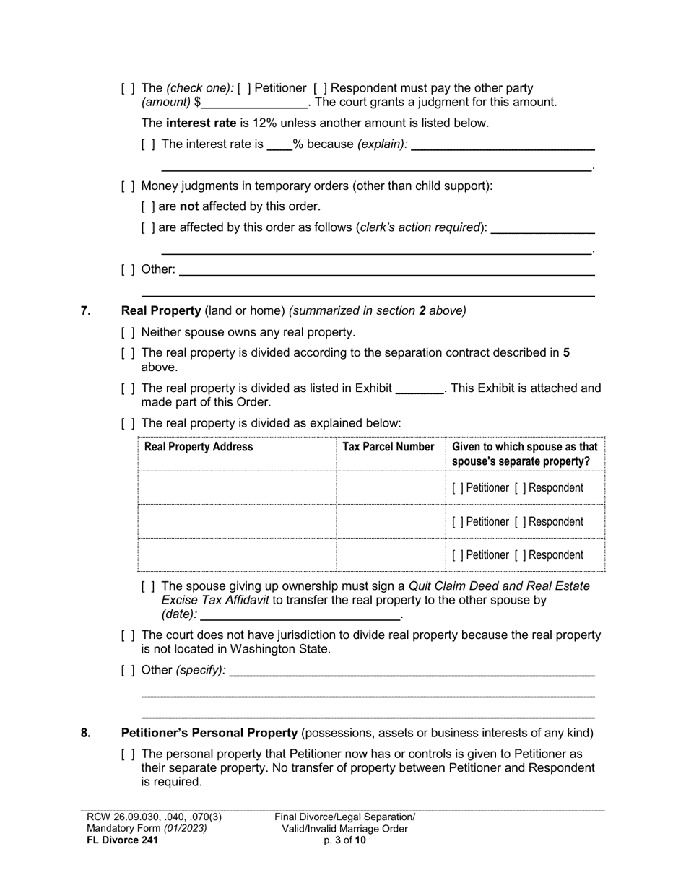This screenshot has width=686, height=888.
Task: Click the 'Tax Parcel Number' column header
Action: click(388, 447)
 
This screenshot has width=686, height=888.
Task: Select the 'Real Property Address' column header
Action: click(199, 447)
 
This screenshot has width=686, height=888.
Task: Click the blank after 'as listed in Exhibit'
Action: click(420, 388)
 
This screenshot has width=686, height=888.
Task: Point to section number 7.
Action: click(86, 311)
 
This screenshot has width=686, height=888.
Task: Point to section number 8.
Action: click(86, 734)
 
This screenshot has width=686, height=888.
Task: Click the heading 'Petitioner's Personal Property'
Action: click(209, 734)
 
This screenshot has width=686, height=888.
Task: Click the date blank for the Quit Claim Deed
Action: click(300, 614)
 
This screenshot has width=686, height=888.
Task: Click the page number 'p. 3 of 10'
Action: click(344, 840)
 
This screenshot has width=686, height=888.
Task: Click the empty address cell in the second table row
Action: click(237, 522)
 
